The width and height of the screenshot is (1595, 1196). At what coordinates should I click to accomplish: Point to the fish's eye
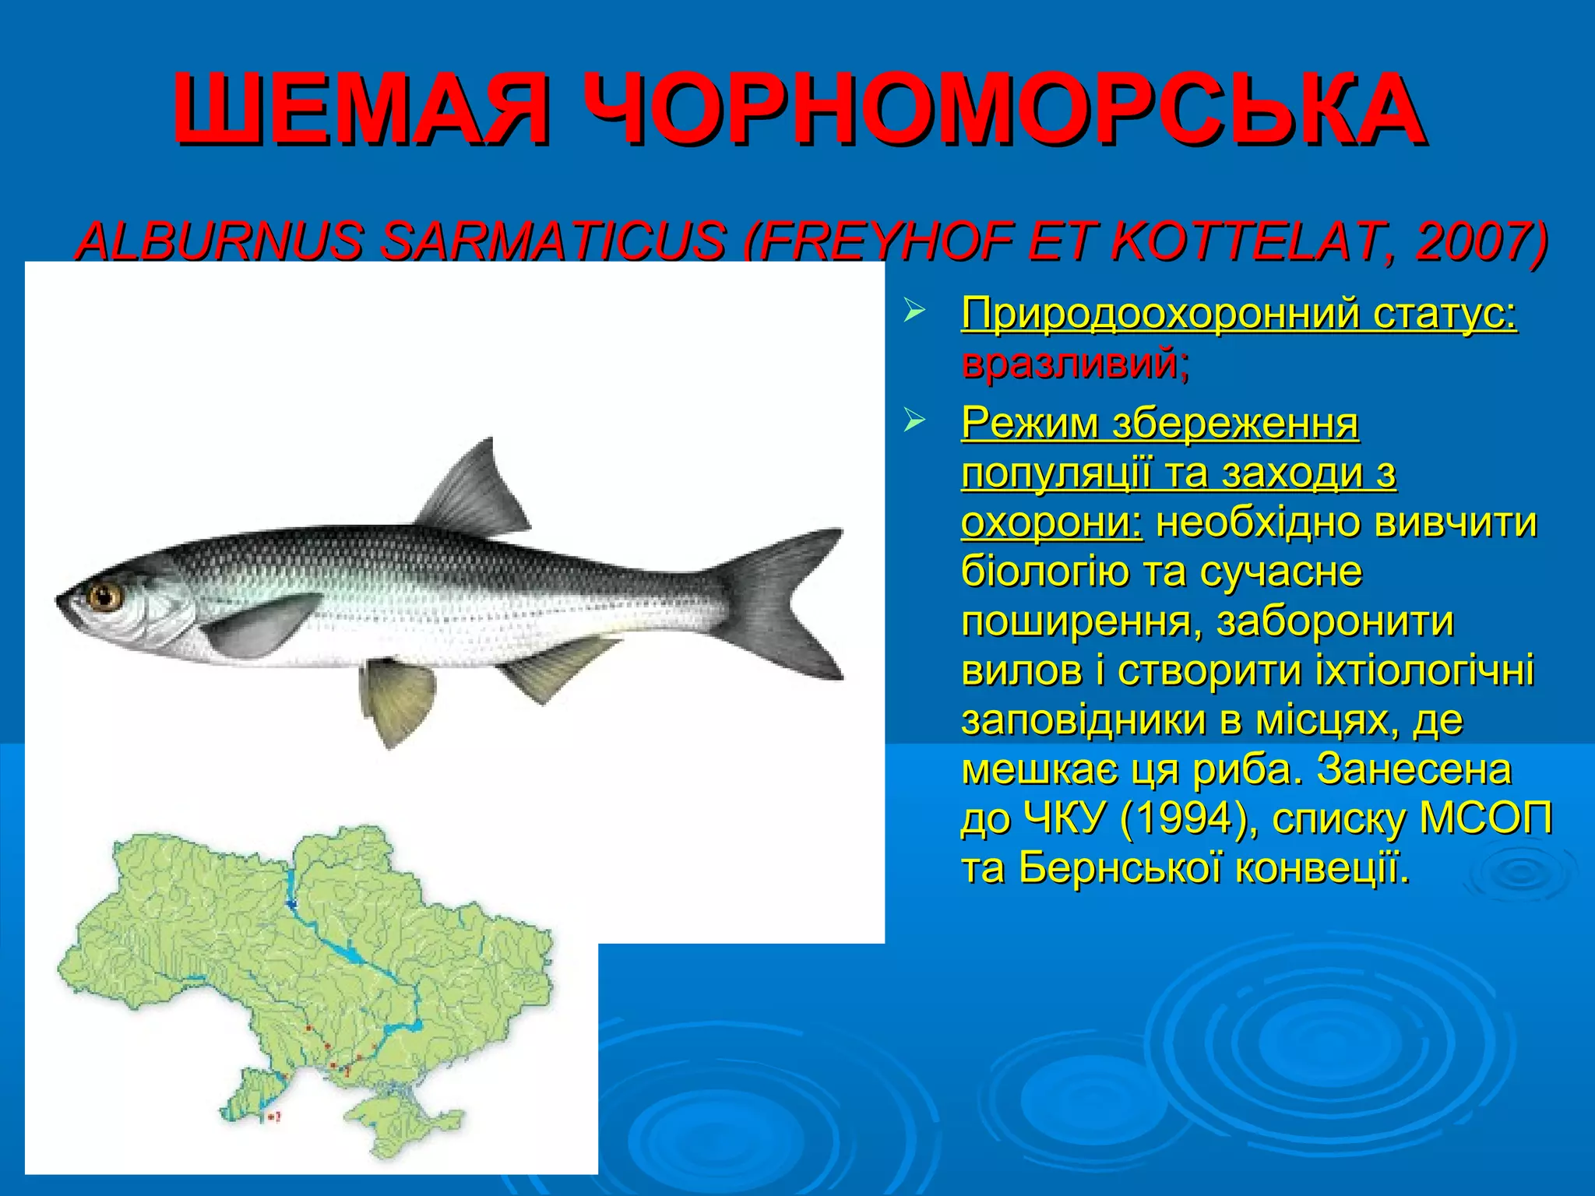coord(104,597)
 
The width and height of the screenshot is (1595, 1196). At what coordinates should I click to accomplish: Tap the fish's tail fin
coord(787,600)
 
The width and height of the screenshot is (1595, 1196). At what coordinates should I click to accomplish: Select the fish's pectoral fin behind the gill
coord(257,623)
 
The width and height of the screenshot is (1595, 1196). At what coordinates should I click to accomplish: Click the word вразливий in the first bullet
coord(1071,363)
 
